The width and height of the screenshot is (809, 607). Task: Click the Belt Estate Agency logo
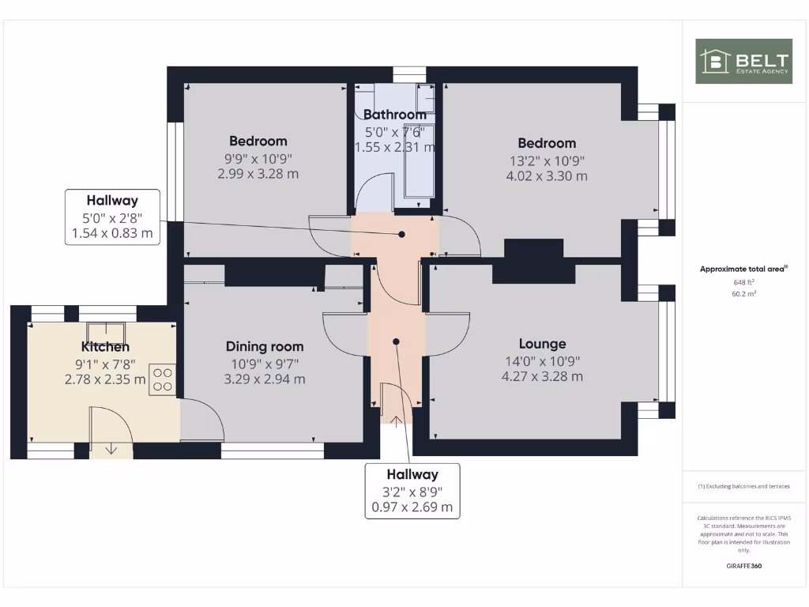click(743, 61)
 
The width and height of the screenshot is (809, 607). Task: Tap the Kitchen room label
click(105, 347)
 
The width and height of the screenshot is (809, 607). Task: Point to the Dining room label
click(265, 346)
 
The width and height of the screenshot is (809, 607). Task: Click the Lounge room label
click(542, 344)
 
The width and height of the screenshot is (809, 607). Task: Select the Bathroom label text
click(394, 115)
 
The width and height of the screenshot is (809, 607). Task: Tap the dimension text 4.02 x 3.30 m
click(547, 176)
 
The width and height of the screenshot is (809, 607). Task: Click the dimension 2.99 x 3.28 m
click(258, 174)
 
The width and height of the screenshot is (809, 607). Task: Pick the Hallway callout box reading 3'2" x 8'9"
click(412, 491)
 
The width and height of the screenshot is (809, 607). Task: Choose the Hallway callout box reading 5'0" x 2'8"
click(112, 217)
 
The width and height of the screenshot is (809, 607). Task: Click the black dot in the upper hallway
click(401, 235)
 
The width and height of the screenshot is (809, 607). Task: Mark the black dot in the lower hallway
click(396, 341)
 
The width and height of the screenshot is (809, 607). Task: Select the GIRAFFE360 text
click(743, 566)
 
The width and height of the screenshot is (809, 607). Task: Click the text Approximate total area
click(743, 270)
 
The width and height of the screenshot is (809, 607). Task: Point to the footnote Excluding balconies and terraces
click(743, 487)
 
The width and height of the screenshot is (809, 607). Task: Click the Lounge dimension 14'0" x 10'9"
click(542, 361)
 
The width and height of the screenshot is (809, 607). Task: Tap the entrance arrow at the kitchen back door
click(111, 449)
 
